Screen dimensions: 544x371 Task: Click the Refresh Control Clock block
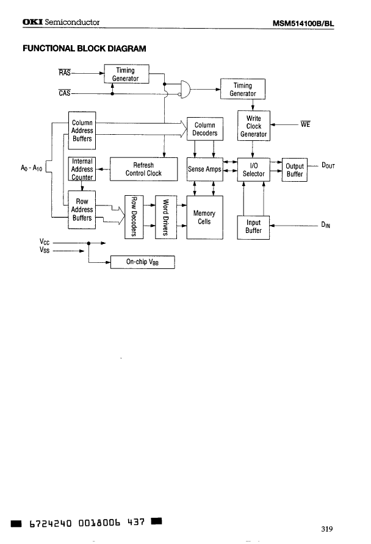click(x=143, y=169)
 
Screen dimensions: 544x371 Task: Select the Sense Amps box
click(x=204, y=170)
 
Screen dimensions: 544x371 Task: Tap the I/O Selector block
click(x=253, y=170)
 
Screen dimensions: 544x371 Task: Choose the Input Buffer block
click(x=253, y=227)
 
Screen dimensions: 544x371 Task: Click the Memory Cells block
click(x=204, y=217)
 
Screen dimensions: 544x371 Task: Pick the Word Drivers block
click(x=165, y=217)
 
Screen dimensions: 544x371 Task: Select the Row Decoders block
click(x=133, y=217)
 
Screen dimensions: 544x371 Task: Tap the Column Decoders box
click(x=204, y=129)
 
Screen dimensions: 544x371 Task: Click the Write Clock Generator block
click(x=253, y=126)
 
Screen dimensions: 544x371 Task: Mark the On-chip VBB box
click(x=142, y=262)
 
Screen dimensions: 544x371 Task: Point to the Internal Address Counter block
click(x=82, y=170)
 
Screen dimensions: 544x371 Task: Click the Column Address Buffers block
click(x=82, y=131)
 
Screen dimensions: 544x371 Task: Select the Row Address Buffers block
click(x=82, y=210)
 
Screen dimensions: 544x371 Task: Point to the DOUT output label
click(x=328, y=165)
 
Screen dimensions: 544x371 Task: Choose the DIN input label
click(x=326, y=225)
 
